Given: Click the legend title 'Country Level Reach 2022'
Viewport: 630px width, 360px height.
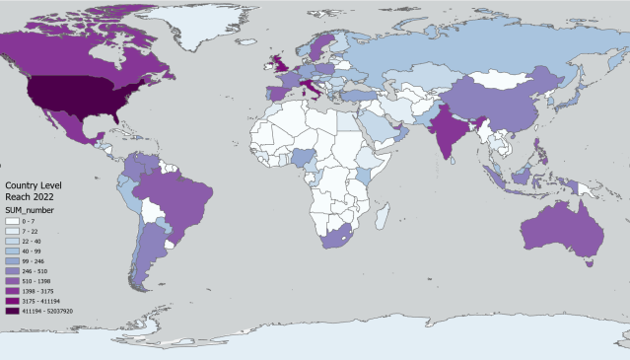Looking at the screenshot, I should point(32,191).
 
